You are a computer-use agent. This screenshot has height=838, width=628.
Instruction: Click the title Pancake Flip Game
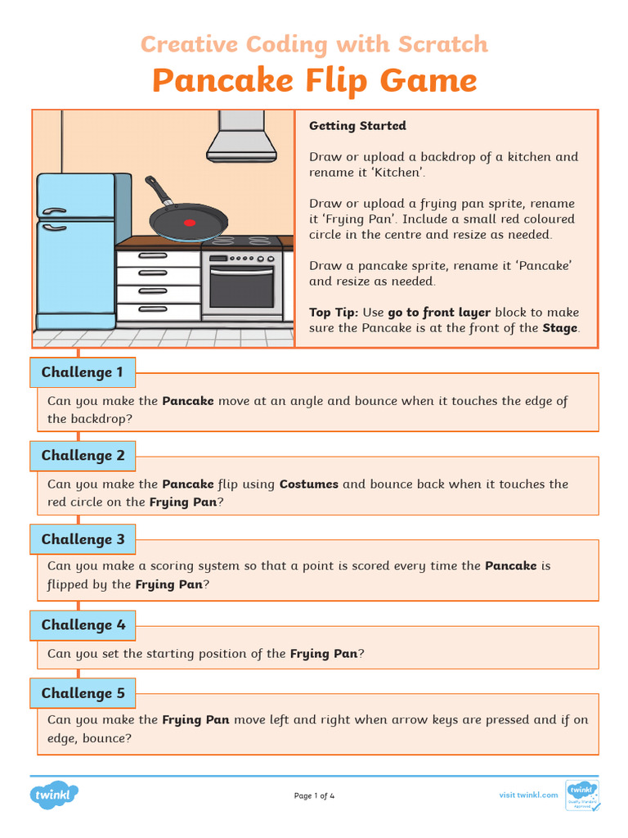314,80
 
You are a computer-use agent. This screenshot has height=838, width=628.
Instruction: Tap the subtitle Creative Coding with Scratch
314,44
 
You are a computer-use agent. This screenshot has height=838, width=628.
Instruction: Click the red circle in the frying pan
191,222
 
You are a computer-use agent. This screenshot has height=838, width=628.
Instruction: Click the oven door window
242,286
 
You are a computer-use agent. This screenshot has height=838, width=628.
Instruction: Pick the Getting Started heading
357,126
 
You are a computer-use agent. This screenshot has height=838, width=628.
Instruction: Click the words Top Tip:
334,312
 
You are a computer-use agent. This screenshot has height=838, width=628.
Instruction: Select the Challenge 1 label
83,372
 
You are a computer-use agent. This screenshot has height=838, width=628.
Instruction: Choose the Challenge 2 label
83,456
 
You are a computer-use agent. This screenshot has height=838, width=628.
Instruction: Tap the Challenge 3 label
83,539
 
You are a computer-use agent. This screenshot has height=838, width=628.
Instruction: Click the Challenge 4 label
83,625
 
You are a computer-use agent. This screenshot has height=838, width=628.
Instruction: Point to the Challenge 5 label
83,694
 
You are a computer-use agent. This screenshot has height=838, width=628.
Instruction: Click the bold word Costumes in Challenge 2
308,484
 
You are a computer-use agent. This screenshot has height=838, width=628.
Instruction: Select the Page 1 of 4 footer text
314,795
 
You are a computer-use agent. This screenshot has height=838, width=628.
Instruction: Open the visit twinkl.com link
528,795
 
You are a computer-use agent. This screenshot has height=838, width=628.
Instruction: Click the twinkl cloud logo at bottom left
54,795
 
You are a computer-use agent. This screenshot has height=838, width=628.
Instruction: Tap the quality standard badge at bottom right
582,795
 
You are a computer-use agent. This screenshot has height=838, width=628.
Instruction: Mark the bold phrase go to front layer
439,312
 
